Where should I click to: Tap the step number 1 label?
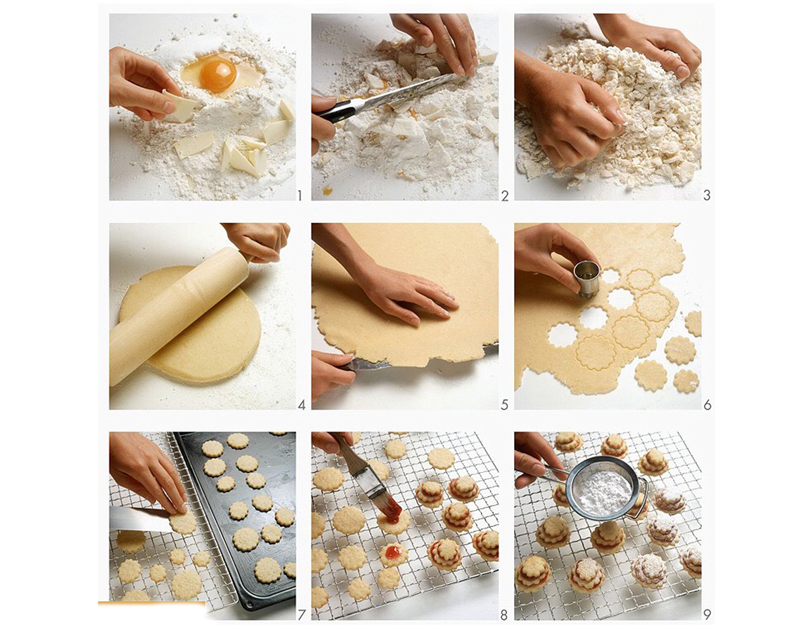[299, 196]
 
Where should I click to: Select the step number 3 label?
[707, 195]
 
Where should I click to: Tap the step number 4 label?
[301, 405]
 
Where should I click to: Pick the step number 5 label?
[504, 405]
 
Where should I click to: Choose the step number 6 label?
[707, 405]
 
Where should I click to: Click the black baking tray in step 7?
[242, 517]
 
